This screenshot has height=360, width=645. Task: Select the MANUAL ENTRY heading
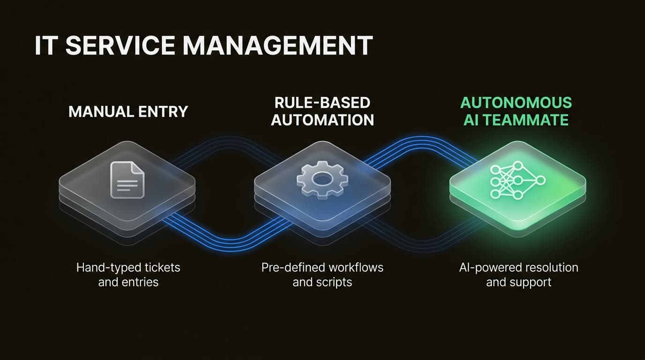(128, 112)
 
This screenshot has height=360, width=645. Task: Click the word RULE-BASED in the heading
(322, 103)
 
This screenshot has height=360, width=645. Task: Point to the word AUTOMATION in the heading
(322, 120)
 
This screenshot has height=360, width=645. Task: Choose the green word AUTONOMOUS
(516, 103)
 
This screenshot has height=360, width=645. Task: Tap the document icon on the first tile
(127, 180)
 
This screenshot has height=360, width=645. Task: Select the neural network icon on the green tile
(517, 180)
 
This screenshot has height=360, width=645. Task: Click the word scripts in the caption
(334, 283)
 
